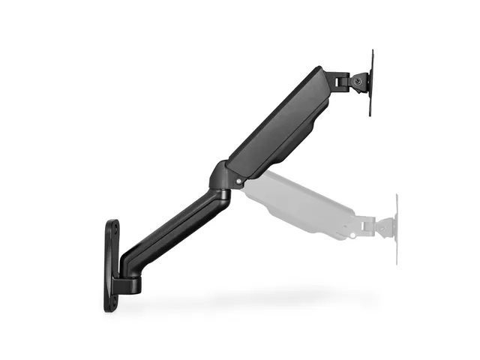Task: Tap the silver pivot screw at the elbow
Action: [x=238, y=181]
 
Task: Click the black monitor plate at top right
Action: [x=371, y=82]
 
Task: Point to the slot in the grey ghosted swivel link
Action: [x=365, y=223]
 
